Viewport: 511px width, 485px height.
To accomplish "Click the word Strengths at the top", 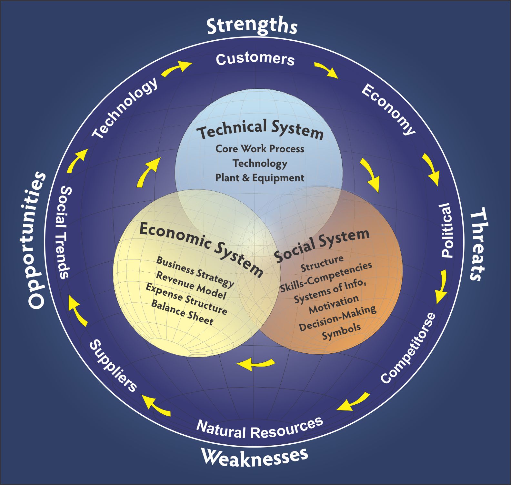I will [252, 26].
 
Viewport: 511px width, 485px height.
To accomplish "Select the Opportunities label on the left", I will [36, 240].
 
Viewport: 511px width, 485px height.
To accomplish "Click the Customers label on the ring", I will [255, 59].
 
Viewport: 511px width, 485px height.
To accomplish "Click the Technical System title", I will [260, 129].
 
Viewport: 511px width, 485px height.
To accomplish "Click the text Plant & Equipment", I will [260, 178].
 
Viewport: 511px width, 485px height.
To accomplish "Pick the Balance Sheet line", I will [182, 312].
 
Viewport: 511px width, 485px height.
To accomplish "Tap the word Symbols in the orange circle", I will [341, 331].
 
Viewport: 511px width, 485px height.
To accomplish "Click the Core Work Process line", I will [260, 149].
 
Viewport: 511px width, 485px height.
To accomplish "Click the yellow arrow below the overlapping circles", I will [256, 364].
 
